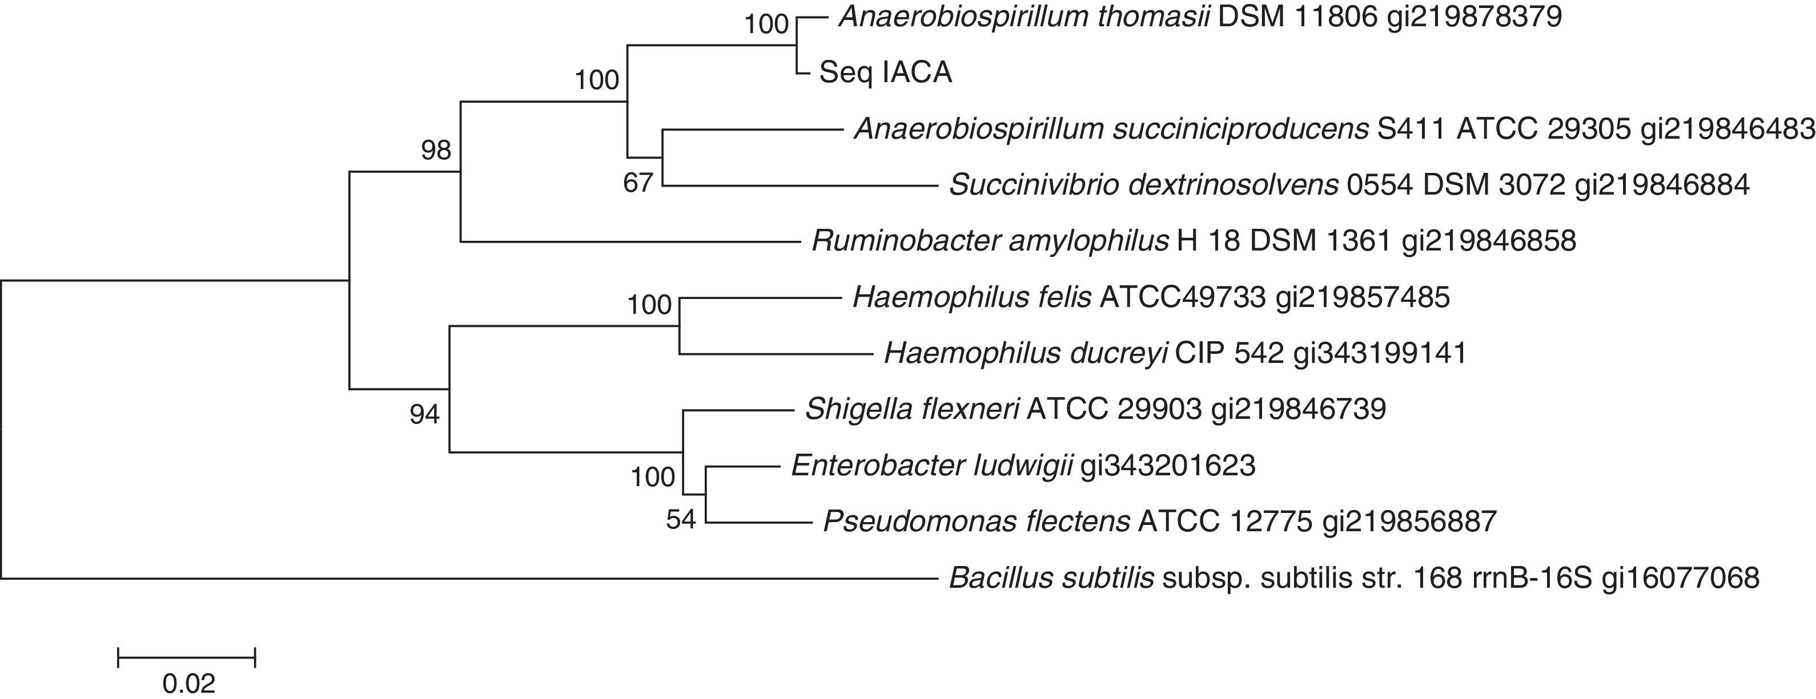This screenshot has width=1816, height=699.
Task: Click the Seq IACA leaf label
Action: point(885,72)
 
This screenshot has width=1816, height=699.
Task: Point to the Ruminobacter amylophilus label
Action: point(1193,242)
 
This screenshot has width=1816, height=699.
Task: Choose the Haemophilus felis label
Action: point(1151,297)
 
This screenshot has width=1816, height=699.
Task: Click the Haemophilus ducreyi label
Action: point(1175,353)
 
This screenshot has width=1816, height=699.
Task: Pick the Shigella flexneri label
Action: point(1095,409)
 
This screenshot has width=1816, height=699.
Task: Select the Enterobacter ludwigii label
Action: point(1023,466)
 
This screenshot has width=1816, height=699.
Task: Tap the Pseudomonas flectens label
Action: point(1159,522)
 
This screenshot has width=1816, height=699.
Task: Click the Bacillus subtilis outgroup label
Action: point(1353,579)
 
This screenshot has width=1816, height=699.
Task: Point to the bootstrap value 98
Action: point(436,150)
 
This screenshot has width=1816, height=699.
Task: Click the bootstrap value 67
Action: point(638,184)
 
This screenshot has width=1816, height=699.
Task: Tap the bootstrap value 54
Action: point(681,520)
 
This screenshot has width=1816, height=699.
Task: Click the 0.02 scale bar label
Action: point(188,684)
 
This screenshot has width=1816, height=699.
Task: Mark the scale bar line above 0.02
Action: point(186,657)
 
